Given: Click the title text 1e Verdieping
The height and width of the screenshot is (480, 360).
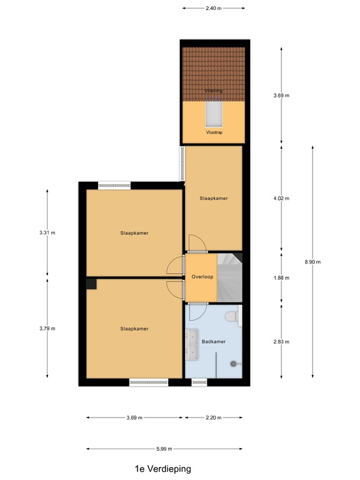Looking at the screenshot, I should tap(162, 468).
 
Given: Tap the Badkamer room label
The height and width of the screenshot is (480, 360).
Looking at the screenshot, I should tap(214, 342).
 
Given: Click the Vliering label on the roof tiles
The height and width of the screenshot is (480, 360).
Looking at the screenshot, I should tap(214, 91).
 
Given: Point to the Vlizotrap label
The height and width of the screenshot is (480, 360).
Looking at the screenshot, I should tap(214, 132).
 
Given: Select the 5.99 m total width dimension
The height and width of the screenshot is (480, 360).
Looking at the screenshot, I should tap(164, 448).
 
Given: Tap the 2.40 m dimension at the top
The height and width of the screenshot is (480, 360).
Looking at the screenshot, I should tap(213, 9).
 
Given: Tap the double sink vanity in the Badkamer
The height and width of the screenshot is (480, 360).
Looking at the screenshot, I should tap(191, 342).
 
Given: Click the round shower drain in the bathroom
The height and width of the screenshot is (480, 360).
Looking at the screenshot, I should tap(234, 362).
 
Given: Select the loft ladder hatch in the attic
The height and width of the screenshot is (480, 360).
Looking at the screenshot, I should tap(213, 115).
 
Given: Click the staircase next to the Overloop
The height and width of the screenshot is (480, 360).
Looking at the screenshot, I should tap(229, 276).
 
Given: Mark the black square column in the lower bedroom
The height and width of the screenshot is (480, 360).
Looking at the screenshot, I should tap(91, 284).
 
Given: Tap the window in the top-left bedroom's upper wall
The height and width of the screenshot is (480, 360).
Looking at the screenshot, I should tap(114, 184).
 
